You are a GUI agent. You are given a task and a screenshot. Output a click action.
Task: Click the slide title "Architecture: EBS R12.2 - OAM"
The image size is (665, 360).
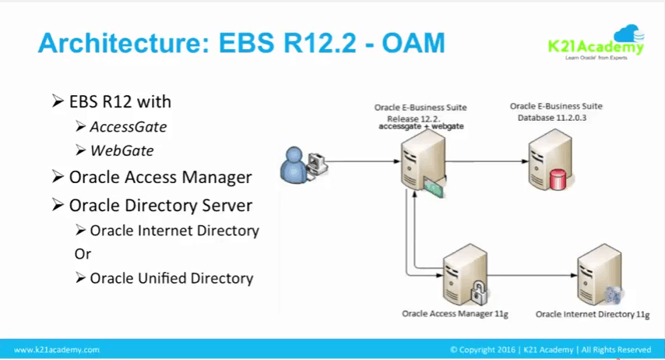(x=241, y=43)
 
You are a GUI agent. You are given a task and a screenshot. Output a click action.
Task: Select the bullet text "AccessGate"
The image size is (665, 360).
(x=128, y=126)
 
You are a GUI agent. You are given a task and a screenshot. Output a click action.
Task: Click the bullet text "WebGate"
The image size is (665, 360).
(x=121, y=150)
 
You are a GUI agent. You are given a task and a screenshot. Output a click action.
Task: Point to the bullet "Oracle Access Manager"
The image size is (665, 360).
(x=160, y=177)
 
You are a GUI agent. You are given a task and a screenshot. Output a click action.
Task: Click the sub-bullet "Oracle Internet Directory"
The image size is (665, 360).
(x=174, y=231)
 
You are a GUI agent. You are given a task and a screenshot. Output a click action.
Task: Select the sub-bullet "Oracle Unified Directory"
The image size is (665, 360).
(x=171, y=277)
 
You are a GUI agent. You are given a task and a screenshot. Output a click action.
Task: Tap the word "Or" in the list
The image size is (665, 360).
(x=83, y=254)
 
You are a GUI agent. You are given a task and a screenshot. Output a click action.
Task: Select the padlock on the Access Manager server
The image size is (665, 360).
(x=479, y=295)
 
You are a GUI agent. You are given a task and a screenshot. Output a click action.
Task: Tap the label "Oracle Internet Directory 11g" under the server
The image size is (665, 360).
(x=593, y=315)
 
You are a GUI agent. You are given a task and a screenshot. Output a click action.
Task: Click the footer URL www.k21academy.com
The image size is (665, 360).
(x=57, y=350)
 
